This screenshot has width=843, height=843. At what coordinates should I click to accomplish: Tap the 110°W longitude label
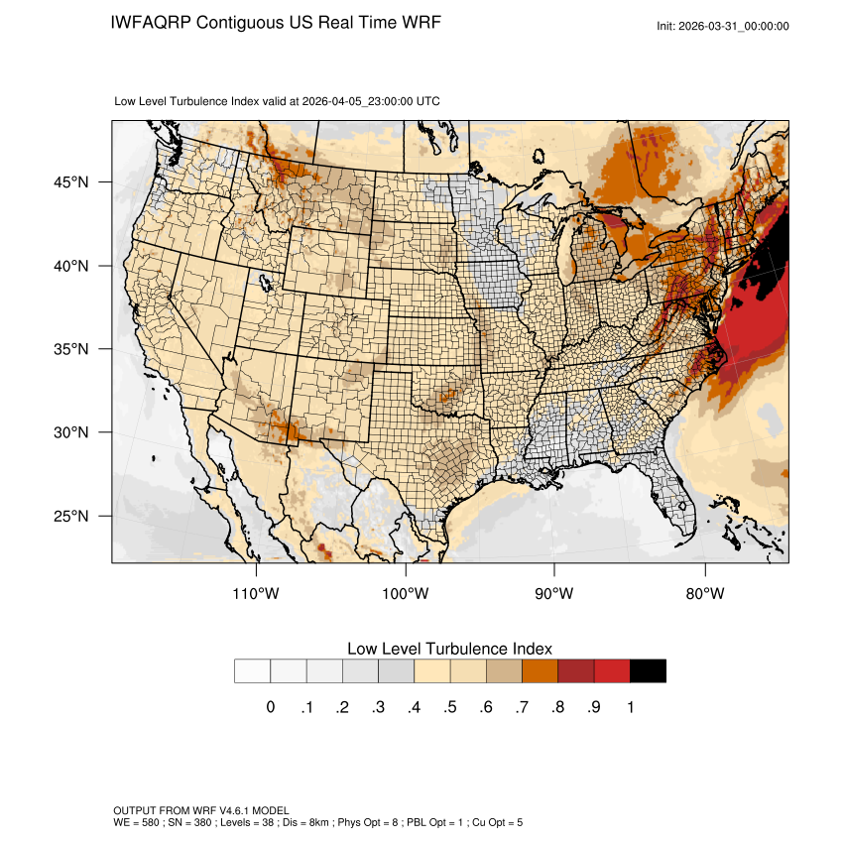(x=257, y=594)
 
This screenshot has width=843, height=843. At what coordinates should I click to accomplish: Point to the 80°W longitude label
(x=705, y=594)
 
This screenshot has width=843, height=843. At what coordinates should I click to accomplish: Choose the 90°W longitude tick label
(x=554, y=594)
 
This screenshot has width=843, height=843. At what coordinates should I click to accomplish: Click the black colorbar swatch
(x=648, y=671)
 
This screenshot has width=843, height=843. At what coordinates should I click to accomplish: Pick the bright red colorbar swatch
(x=612, y=671)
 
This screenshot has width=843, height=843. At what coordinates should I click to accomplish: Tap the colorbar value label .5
(x=450, y=707)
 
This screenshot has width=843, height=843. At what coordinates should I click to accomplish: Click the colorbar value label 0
(x=270, y=707)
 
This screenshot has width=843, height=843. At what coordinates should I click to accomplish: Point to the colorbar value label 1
(x=630, y=707)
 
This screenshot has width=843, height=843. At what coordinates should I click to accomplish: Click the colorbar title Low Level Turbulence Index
(x=449, y=649)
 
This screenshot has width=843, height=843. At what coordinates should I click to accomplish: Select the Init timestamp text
(x=723, y=26)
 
